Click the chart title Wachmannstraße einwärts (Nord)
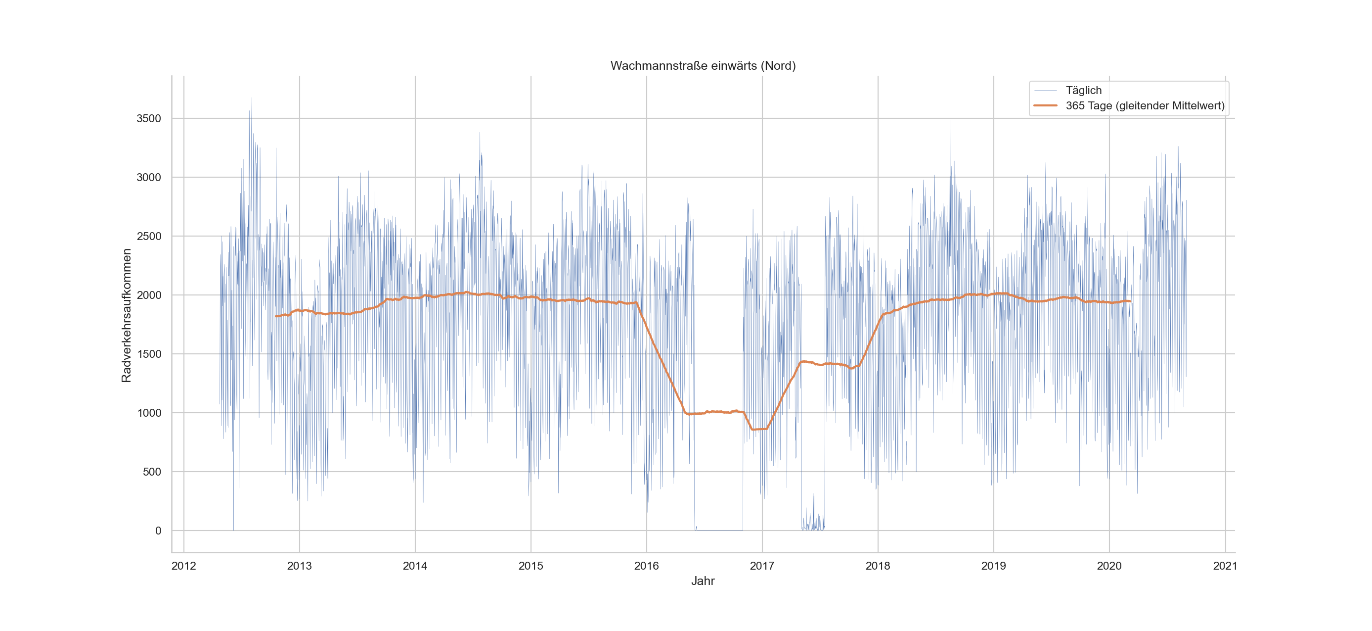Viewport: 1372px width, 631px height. pyautogui.click(x=703, y=65)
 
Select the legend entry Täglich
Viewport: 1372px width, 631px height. pyautogui.click(x=1083, y=90)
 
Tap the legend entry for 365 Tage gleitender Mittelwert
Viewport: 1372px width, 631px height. pyautogui.click(x=1145, y=105)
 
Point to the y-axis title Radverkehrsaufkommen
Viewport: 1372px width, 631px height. pyautogui.click(x=126, y=316)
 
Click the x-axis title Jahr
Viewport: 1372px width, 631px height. pyautogui.click(x=703, y=581)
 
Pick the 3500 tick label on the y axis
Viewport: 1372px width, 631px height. pyautogui.click(x=149, y=118)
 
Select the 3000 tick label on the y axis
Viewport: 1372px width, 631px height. pyautogui.click(x=149, y=178)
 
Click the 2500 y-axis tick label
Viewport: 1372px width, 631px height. pyautogui.click(x=149, y=236)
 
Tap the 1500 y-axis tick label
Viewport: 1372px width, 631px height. pyautogui.click(x=149, y=354)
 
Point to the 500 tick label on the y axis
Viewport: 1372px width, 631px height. pyautogui.click(x=152, y=472)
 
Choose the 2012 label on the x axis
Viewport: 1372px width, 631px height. pyautogui.click(x=184, y=566)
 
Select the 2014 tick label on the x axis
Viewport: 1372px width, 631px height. pyautogui.click(x=415, y=566)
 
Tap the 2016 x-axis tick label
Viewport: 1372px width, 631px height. pyautogui.click(x=647, y=566)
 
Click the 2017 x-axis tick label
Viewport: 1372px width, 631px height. pyautogui.click(x=762, y=566)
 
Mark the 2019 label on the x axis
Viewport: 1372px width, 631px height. pyautogui.click(x=993, y=566)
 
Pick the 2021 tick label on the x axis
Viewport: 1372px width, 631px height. pyautogui.click(x=1225, y=566)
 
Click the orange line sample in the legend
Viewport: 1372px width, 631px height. pyautogui.click(x=1045, y=105)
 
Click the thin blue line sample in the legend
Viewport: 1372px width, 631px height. pyautogui.click(x=1045, y=90)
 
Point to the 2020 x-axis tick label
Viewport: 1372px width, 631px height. pyautogui.click(x=1109, y=566)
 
